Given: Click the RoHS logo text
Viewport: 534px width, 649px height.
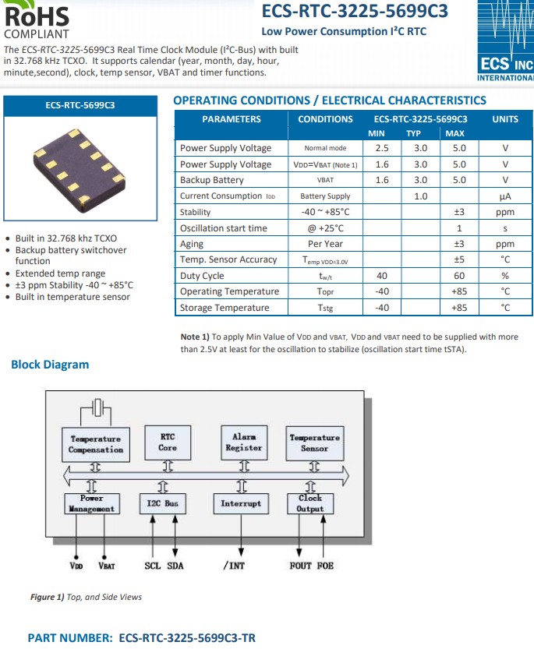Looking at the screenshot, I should [37, 16].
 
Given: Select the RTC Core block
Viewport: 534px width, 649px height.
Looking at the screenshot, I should [168, 443].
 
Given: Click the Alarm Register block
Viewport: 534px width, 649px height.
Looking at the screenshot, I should [243, 443].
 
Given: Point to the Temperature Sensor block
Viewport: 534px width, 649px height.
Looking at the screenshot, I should [314, 443].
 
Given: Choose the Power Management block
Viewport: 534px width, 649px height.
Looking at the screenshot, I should [92, 503].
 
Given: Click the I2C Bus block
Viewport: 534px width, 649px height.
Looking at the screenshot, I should [163, 503].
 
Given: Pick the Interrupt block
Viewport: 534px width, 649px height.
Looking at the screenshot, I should [241, 503].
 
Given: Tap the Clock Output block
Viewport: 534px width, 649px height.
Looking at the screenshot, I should [310, 503].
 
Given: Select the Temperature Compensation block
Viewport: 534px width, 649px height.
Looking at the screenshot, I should [96, 444].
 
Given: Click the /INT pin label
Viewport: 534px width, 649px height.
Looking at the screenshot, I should [234, 566].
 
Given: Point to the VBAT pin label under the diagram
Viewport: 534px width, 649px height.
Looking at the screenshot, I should [107, 566].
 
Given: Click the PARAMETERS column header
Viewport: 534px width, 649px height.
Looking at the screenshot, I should [232, 119].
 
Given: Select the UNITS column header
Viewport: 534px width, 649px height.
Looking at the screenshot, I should [505, 119].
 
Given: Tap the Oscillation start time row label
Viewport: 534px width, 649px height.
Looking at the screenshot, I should [224, 228].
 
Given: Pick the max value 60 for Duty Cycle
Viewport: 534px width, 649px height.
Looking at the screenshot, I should [459, 276].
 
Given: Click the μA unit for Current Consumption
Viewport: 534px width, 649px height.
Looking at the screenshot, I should [505, 196].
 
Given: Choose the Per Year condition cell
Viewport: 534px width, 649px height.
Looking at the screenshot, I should [325, 244].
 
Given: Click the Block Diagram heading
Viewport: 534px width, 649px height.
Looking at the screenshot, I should [50, 365].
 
